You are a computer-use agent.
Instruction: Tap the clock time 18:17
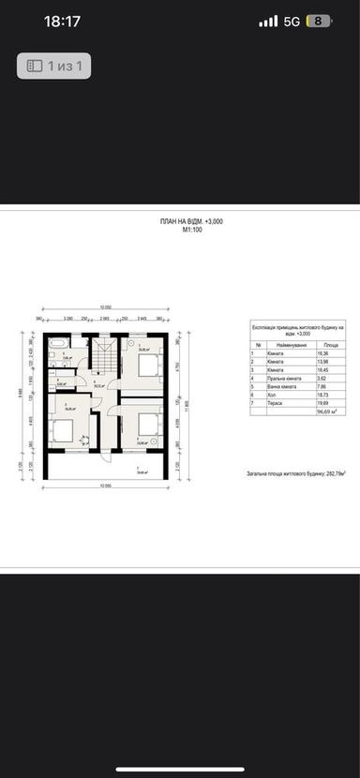62,21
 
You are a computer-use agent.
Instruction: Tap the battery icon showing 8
321,21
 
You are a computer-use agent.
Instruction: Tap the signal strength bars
268,21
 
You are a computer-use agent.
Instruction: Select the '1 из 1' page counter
53,66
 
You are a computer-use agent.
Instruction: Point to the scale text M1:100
191,229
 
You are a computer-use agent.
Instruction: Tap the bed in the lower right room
147,424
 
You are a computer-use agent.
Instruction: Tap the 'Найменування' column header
276,344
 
